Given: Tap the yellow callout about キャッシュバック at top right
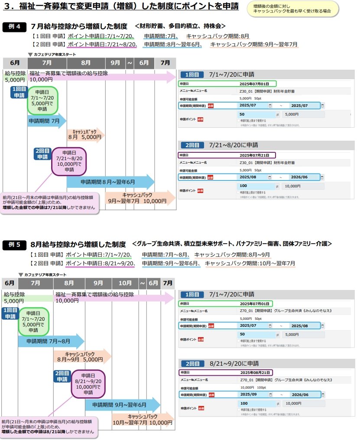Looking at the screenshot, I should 298,9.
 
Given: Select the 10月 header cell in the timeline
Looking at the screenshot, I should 125,283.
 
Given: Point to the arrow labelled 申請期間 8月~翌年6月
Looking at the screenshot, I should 110,182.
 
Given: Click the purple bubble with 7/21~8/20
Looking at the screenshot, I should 69,161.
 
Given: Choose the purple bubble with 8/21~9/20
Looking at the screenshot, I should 88,383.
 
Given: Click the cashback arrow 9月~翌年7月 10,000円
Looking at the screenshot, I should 139,198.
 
